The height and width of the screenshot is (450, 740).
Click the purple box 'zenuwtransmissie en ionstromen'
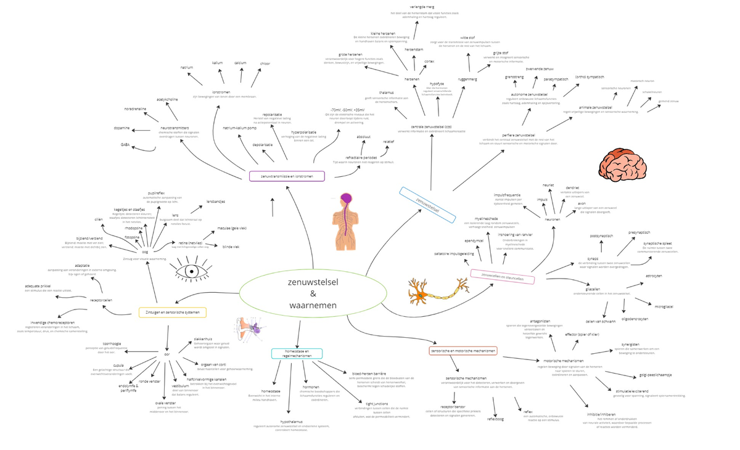287,176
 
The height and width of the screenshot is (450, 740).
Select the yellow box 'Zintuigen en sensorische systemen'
172,312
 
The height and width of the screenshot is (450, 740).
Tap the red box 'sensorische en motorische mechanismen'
462,350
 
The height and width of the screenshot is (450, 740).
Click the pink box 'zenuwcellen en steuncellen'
502,276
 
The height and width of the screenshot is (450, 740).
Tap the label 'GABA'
125,145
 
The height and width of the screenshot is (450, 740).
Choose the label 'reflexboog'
496,419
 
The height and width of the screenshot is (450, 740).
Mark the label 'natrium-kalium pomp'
239,128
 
